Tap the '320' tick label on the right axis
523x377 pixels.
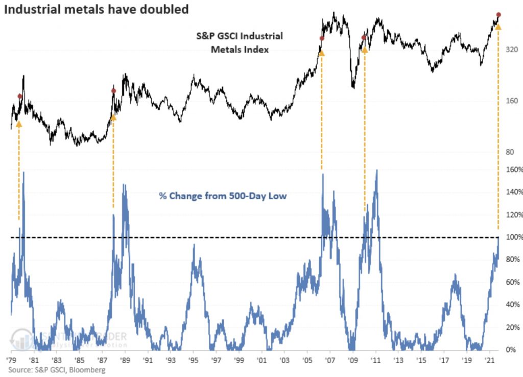pyautogui.click(x=511, y=50)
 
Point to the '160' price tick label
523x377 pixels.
pyautogui.click(x=511, y=101)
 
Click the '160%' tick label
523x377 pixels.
pyautogui.click(x=514, y=170)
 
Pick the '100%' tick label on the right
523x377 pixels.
pyautogui.click(x=514, y=237)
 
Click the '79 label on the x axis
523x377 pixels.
pyautogui.click(x=11, y=360)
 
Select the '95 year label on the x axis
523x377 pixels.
pyautogui.click(x=193, y=360)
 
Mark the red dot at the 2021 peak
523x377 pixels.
pyautogui.click(x=498, y=15)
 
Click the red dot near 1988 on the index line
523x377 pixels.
pyautogui.click(x=113, y=91)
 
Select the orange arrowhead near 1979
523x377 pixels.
pyautogui.click(x=19, y=124)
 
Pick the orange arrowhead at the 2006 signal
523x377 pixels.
pyautogui.click(x=322, y=53)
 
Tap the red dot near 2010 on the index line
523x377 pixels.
pyautogui.click(x=364, y=37)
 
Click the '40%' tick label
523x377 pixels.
pyautogui.click(x=514, y=305)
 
